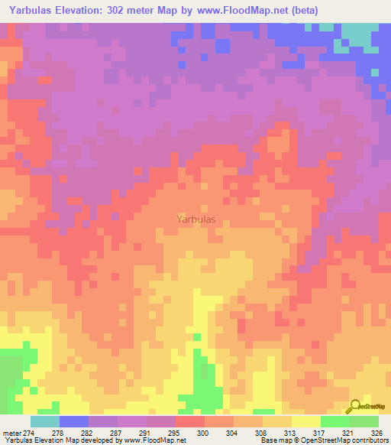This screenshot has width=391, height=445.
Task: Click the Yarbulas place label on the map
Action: click(x=195, y=219)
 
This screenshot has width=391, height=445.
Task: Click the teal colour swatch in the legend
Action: click(x=44, y=421)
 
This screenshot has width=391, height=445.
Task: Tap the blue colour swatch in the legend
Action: click(x=73, y=421)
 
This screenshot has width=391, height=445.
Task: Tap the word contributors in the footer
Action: click(x=370, y=441)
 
